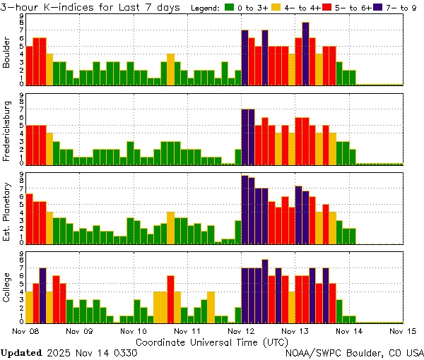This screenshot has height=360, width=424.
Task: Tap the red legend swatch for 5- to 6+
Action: pos(326,8)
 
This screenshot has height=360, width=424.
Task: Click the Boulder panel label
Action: pos(7,52)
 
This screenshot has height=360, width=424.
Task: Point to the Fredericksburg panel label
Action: pos(7,131)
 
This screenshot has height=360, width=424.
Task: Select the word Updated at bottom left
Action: pos(25,352)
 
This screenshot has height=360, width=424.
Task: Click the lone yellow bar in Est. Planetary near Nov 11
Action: pos(170,227)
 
